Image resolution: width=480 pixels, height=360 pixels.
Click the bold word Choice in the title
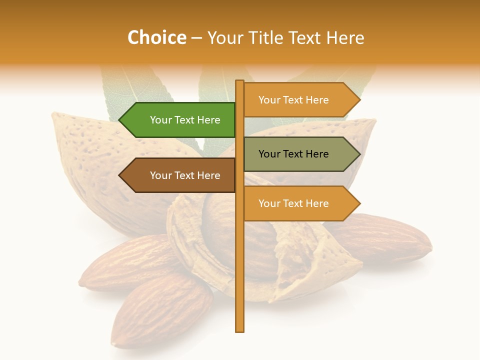156,37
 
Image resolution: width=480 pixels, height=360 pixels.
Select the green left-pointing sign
185,120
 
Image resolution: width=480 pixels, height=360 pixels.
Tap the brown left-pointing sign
185,175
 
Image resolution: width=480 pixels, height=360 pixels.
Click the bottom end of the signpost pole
240,330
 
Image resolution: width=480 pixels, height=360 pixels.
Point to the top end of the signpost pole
240,82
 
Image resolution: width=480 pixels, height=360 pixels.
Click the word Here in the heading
345,37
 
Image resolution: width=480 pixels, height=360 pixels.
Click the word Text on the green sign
185,120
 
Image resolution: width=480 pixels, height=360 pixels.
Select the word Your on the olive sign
269,154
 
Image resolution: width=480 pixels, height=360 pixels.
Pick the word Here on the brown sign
208,175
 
